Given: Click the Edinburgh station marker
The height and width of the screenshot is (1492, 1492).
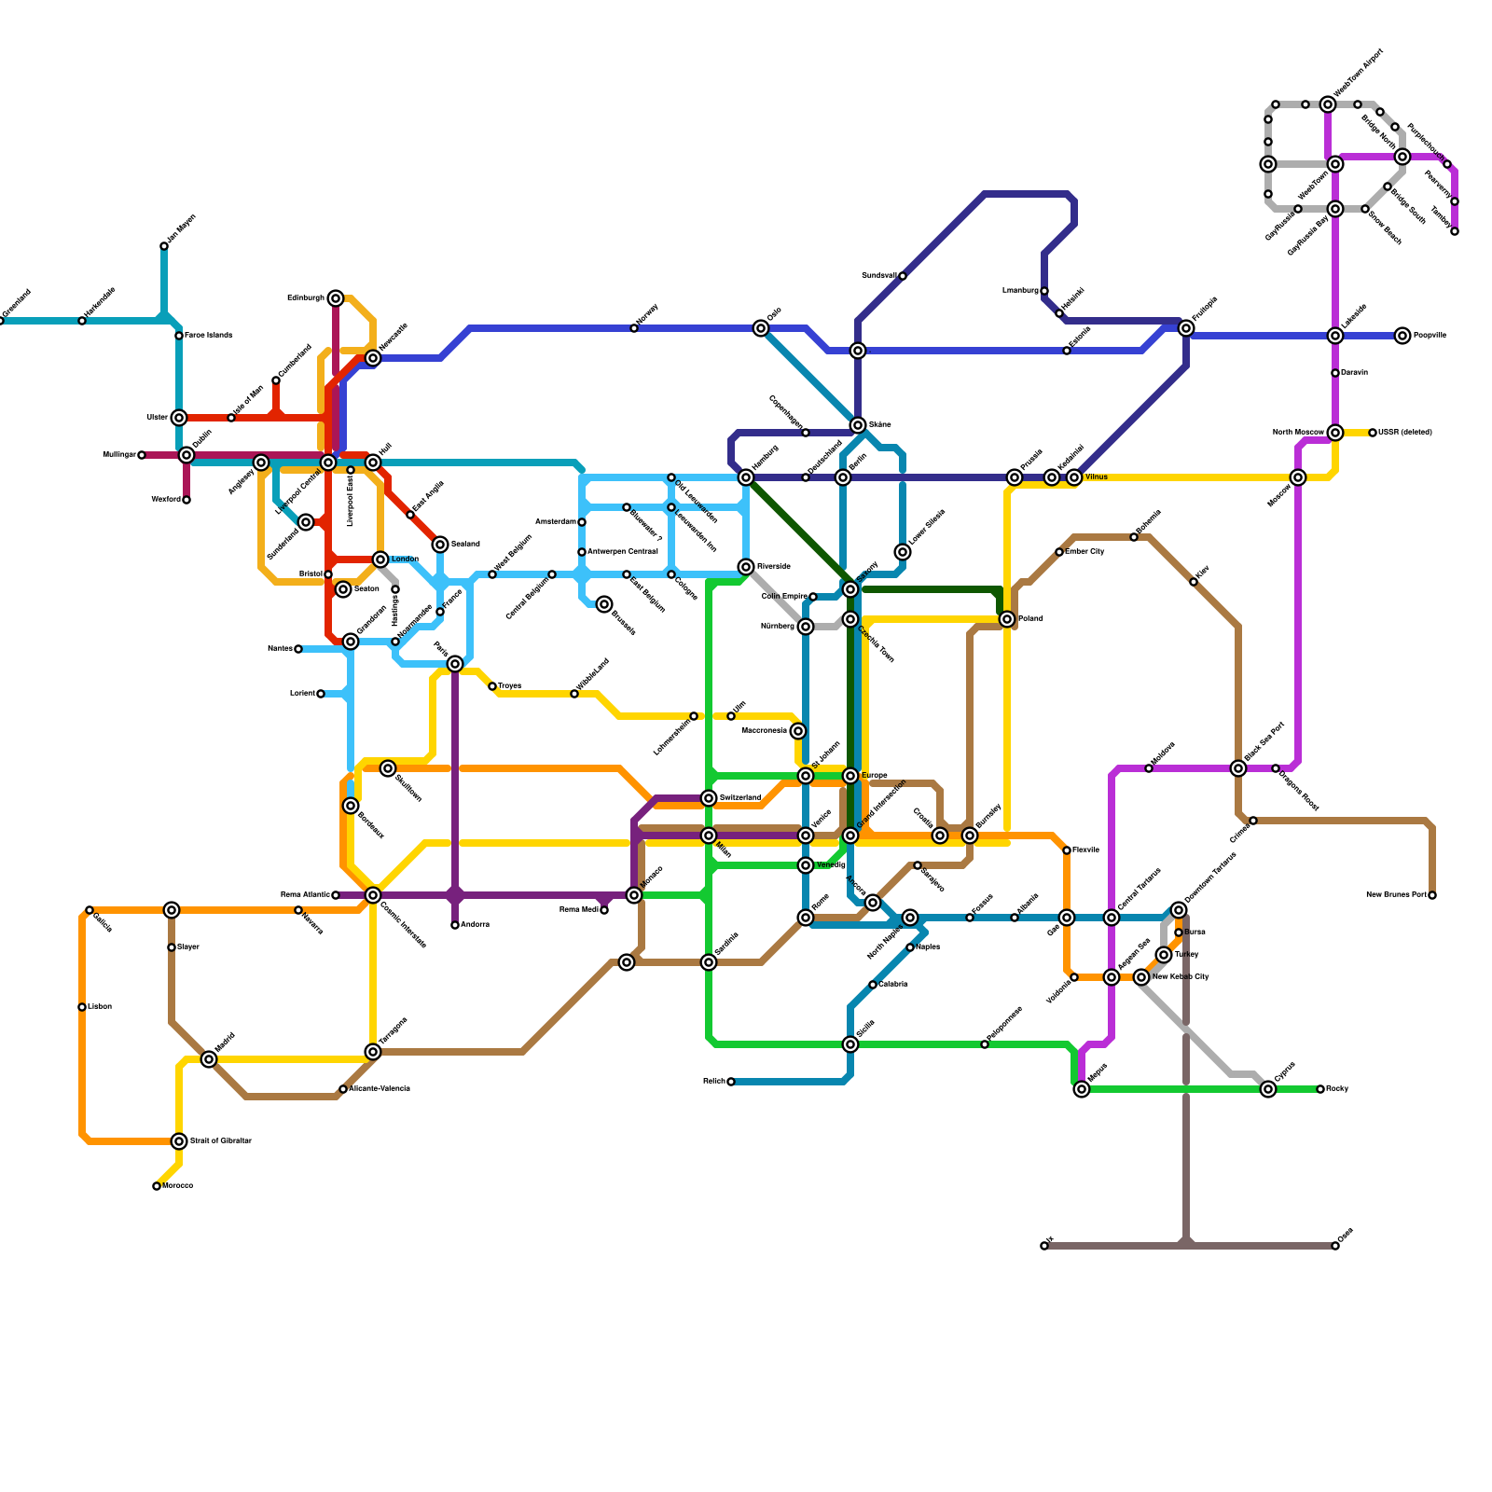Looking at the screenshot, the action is (x=336, y=298).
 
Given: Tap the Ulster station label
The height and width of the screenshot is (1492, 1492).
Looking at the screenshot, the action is (x=157, y=418).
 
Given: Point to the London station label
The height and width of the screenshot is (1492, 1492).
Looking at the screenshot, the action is (x=405, y=559).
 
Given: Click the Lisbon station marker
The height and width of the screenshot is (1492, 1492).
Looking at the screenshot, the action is (x=82, y=1007).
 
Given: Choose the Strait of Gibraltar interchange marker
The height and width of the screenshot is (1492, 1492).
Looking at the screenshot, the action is (x=179, y=1141).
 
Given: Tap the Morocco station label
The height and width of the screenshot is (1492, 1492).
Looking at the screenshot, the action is (x=177, y=1186).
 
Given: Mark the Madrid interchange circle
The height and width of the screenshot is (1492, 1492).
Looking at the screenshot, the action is (x=209, y=1059).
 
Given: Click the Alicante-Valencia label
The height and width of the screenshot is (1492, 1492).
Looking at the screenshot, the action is (x=379, y=1089).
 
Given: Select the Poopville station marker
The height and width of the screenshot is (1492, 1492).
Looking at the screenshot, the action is (x=1402, y=336).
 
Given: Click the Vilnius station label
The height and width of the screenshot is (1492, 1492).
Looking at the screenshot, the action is (x=1097, y=477).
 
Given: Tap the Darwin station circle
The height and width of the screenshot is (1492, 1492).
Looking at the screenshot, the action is (x=1335, y=373).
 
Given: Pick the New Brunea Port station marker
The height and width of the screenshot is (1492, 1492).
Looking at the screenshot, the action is (x=1432, y=895).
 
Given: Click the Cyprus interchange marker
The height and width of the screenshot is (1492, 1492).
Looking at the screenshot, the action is (x=1268, y=1089).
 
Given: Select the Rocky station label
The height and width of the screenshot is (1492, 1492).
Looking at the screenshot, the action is (x=1337, y=1089).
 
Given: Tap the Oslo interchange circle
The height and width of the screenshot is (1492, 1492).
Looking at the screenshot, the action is (x=761, y=328).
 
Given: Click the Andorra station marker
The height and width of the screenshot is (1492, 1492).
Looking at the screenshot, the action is (x=455, y=925).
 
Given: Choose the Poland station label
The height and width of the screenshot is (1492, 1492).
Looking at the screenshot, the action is (x=1030, y=619).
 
